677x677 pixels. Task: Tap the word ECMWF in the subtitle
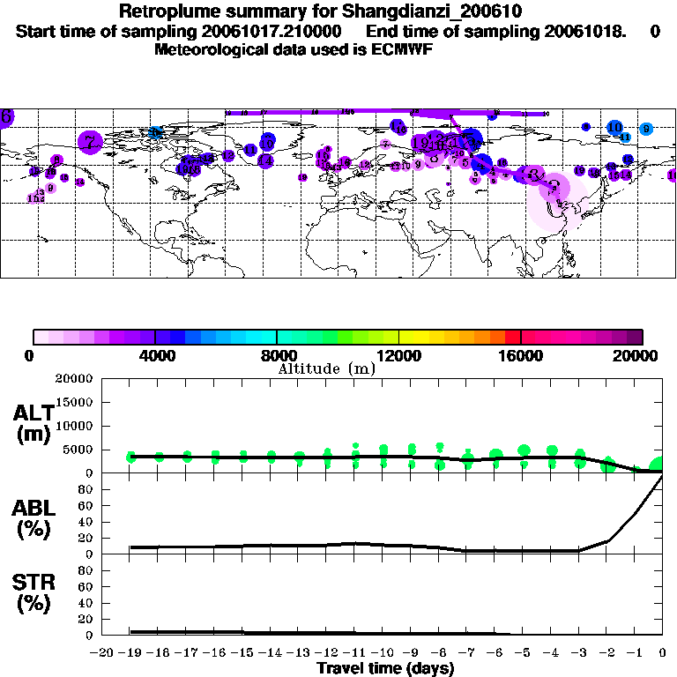tap(402, 49)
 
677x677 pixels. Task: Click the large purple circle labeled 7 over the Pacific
tap(90, 141)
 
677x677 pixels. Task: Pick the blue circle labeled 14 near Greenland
tap(264, 160)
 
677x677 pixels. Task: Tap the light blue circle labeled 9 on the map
tap(646, 129)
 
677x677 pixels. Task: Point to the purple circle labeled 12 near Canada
tap(228, 156)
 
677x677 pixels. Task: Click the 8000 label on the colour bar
tap(277, 355)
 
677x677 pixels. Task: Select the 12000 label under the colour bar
tap(399, 355)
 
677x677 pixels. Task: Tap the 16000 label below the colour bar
tap(521, 355)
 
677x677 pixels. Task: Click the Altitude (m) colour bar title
tap(326, 368)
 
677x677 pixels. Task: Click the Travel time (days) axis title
tap(385, 669)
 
